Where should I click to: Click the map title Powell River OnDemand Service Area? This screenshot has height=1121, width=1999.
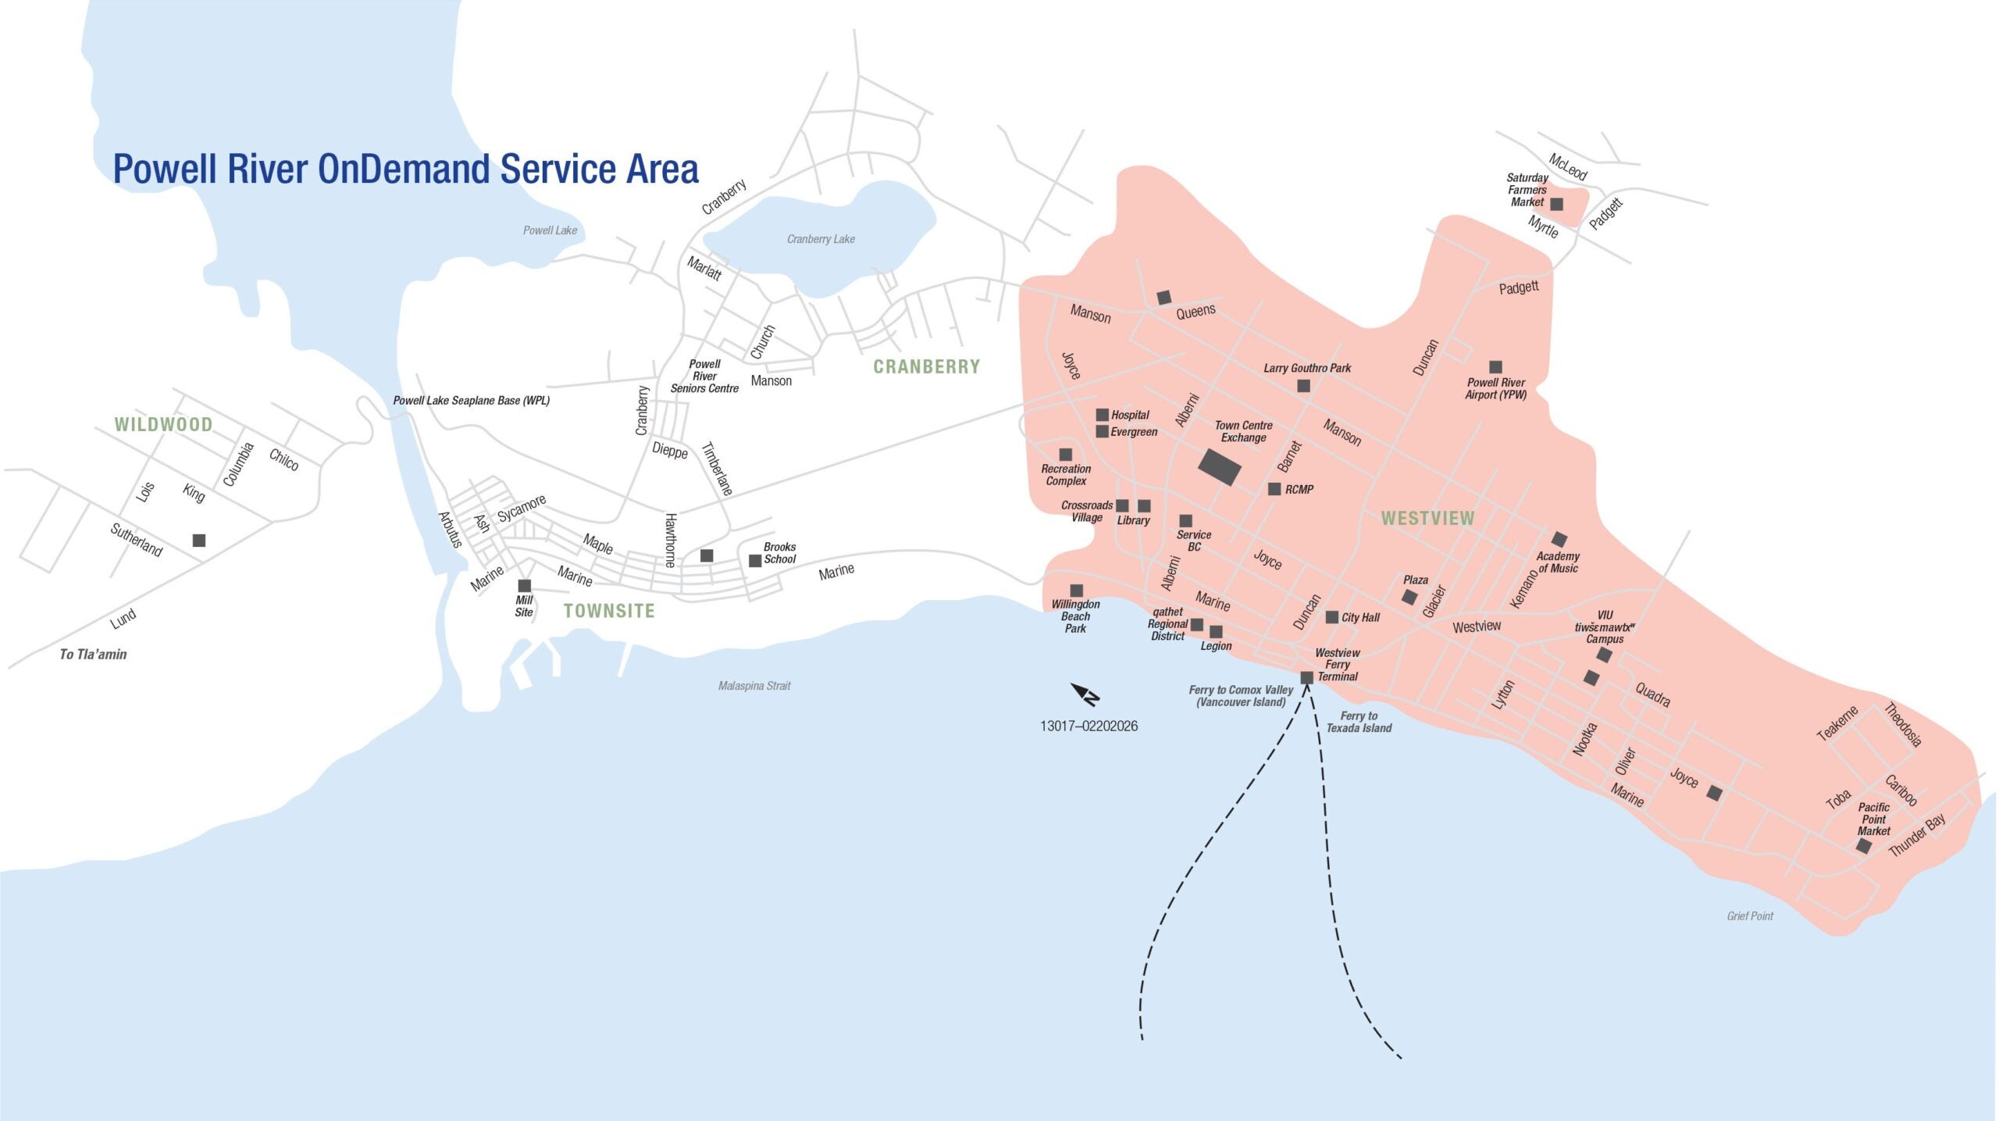click(405, 169)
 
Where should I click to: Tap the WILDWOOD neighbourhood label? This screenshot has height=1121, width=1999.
click(163, 424)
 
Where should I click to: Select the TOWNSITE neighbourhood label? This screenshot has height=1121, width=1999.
click(609, 610)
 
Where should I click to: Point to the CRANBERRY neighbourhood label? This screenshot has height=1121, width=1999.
click(926, 366)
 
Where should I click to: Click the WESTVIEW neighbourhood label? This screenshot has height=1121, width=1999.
click(1427, 518)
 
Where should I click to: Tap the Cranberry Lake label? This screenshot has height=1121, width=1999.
click(821, 239)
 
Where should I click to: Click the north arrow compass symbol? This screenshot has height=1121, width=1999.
click(1085, 694)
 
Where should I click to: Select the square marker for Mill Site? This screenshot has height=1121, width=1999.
click(525, 586)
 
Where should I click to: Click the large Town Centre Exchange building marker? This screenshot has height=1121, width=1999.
click(1220, 466)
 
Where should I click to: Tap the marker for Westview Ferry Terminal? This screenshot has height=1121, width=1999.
click(1306, 677)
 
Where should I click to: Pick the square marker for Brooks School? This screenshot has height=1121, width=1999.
click(755, 561)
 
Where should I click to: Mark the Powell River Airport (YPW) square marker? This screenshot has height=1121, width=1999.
click(1495, 367)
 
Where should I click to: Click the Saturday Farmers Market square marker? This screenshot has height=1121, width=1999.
click(1556, 204)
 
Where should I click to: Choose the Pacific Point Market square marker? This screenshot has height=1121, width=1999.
click(1863, 846)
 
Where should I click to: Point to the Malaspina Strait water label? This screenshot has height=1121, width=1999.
click(754, 686)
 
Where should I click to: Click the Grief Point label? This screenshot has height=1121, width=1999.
click(1750, 916)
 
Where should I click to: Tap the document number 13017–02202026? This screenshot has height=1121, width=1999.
click(1089, 726)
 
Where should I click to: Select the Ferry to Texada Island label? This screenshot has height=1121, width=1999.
click(1359, 722)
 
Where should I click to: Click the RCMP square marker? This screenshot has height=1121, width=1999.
click(1274, 489)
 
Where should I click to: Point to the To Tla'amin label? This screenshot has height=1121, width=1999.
click(93, 655)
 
